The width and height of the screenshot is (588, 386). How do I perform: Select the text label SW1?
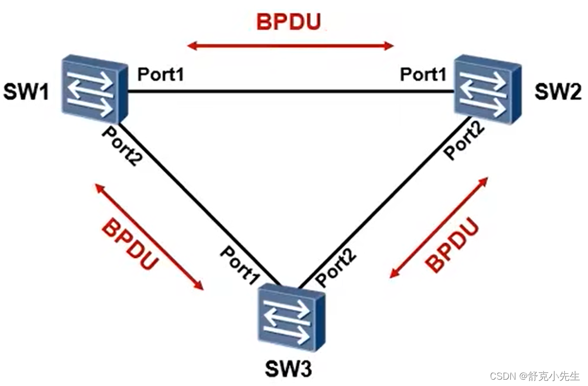(26, 93)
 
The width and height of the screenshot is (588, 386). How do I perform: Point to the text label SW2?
(558, 93)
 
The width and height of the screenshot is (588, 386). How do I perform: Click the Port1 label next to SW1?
(161, 75)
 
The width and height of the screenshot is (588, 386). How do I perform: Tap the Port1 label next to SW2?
(423, 75)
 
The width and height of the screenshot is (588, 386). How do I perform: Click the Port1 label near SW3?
(240, 262)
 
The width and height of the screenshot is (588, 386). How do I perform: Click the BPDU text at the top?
(289, 22)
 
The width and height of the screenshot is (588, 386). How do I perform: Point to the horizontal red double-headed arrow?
(290, 46)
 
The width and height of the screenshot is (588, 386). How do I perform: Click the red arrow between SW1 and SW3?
(149, 236)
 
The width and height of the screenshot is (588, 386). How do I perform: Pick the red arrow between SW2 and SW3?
(439, 227)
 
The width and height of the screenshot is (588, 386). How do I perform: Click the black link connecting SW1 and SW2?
(291, 92)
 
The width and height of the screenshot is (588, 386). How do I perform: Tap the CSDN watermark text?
(535, 375)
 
